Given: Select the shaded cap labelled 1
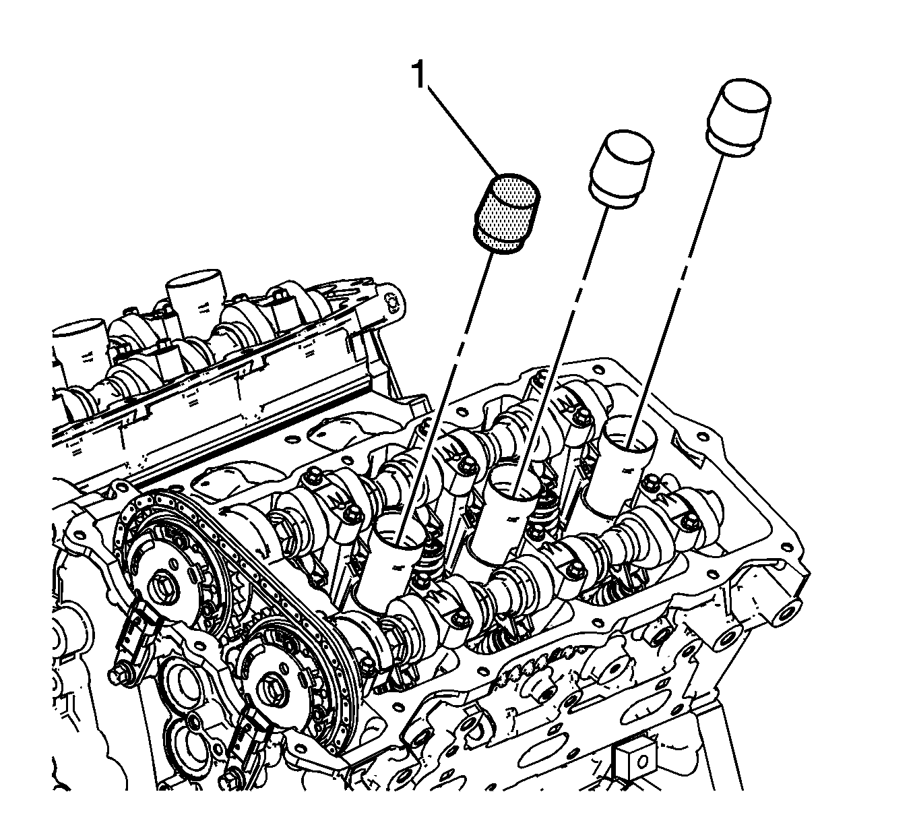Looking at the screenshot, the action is pyautogui.click(x=505, y=213).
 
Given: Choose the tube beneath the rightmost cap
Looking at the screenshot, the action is pyautogui.click(x=622, y=469).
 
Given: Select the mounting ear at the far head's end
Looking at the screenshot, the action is pyautogui.click(x=389, y=302).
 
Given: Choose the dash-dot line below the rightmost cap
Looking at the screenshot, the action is pyautogui.click(x=675, y=301).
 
